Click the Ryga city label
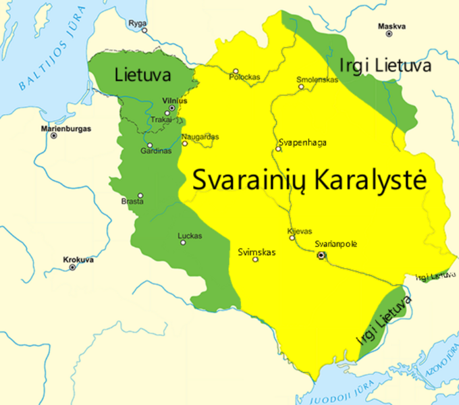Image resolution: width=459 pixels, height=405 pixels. coord(137,23)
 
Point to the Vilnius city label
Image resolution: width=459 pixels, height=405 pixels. coord(174,100)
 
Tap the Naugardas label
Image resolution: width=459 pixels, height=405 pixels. coord(200,136)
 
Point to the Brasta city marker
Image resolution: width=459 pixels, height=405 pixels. coord(140,195)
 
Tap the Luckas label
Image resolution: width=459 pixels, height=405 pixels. coord(190,236)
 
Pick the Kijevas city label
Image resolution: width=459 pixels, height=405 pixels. coord(300,231)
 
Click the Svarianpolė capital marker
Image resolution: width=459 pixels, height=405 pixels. coord(321,255)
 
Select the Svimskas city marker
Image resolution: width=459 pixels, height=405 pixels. coord(255,259)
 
